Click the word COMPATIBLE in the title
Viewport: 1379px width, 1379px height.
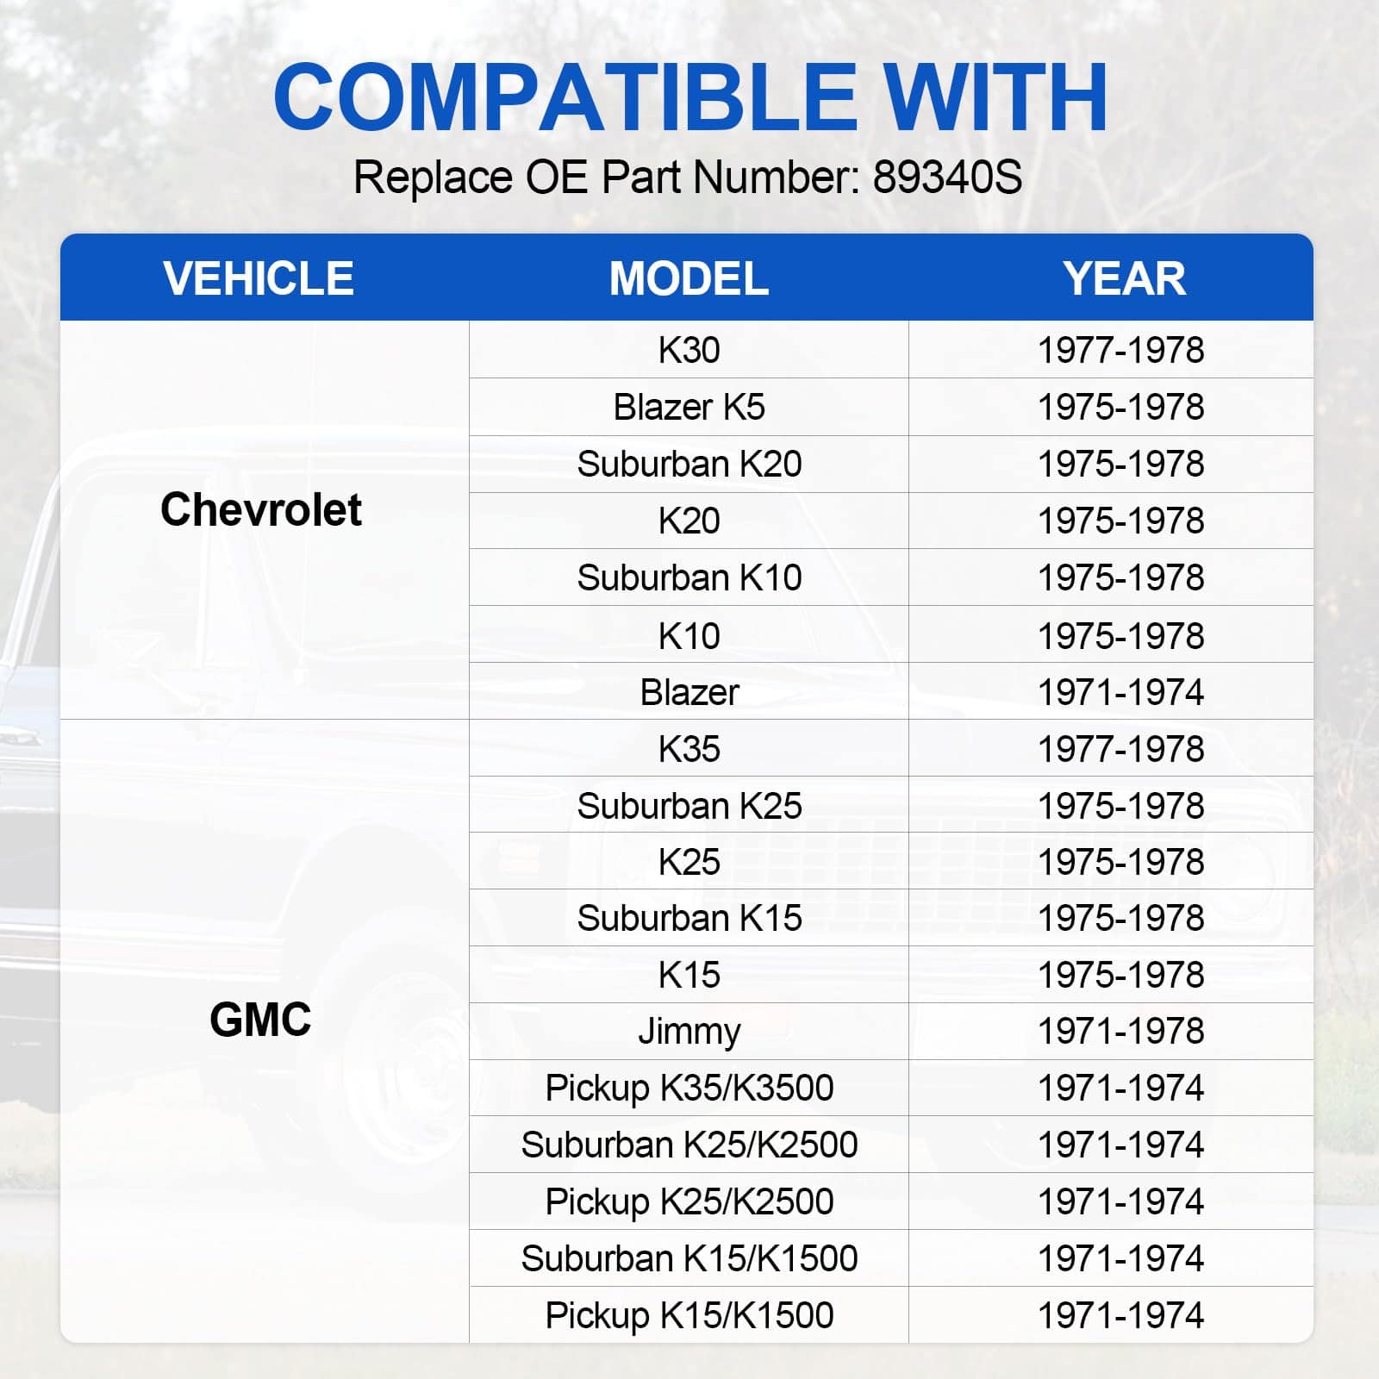coord(565,97)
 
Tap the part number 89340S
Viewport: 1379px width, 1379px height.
coord(947,178)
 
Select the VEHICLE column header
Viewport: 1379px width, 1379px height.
coord(259,278)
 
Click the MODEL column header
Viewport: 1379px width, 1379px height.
coord(689,278)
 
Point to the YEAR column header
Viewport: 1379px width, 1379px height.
coord(1124,278)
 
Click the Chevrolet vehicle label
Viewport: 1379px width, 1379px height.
coord(261,509)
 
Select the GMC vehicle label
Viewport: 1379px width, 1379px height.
coord(260,1020)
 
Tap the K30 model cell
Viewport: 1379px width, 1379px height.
coord(689,350)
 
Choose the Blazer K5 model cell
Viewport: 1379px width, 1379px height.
coord(689,407)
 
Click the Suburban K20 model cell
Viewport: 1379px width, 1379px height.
coord(689,464)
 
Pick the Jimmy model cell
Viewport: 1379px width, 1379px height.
coord(689,1032)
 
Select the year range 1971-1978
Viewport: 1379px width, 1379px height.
coord(1120,1031)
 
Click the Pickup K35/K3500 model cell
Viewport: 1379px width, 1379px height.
coord(689,1088)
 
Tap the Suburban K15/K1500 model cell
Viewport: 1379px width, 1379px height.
coord(689,1258)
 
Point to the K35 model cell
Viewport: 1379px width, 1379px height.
coord(689,749)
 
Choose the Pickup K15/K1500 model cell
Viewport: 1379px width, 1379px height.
coord(689,1315)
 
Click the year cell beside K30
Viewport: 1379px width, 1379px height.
coord(1120,350)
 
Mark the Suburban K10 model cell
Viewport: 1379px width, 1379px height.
coord(689,577)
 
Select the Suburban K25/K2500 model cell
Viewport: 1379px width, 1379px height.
coord(689,1145)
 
